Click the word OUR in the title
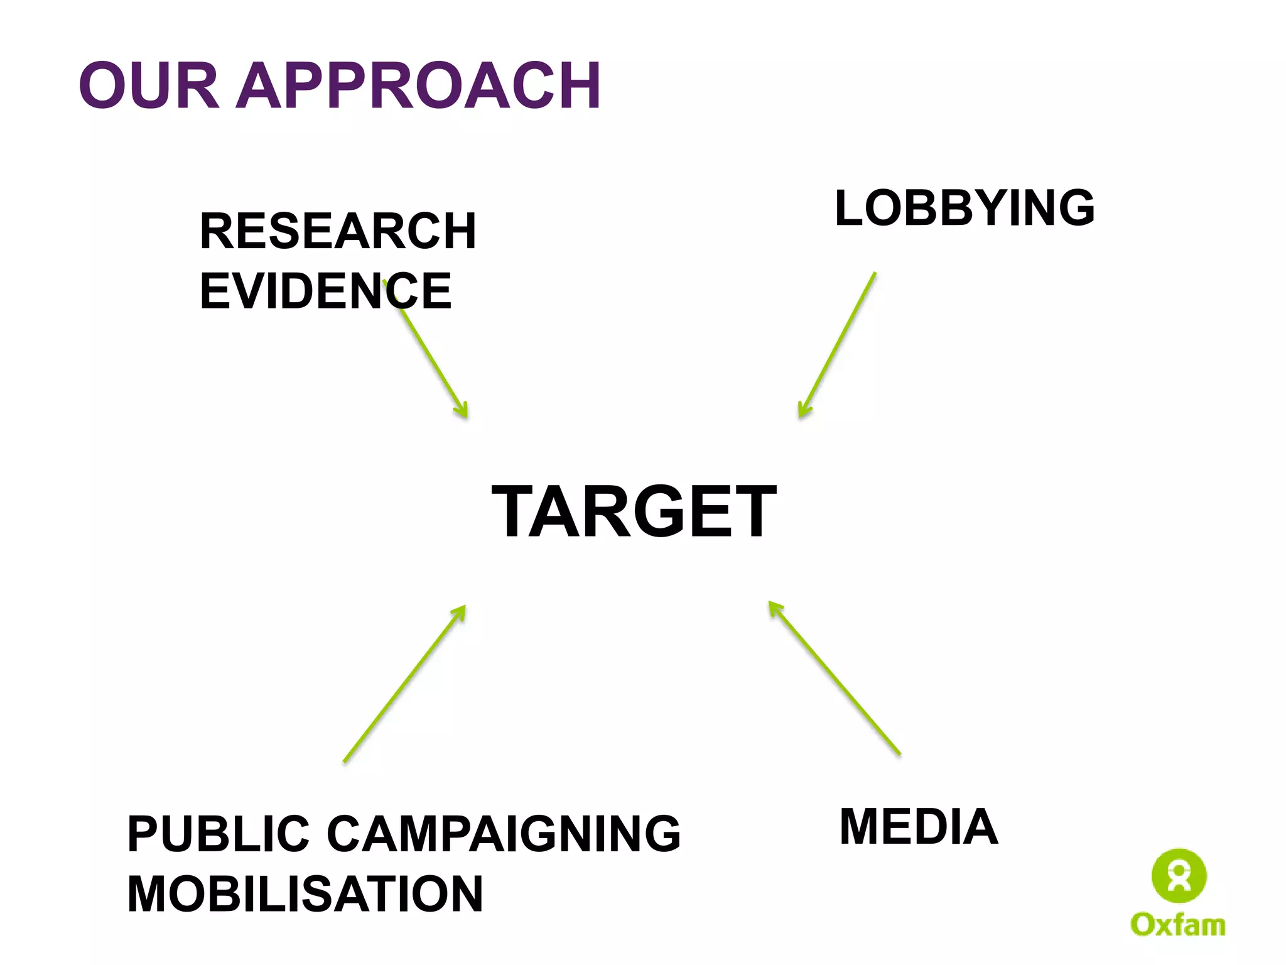pyautogui.click(x=149, y=85)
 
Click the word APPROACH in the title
pyautogui.click(x=421, y=85)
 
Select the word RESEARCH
pyautogui.click(x=338, y=231)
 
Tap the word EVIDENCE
pyautogui.click(x=325, y=291)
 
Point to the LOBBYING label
pyautogui.click(x=964, y=208)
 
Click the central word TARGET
pyautogui.click(x=634, y=511)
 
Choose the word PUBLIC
pyautogui.click(x=219, y=834)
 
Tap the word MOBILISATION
pyautogui.click(x=305, y=894)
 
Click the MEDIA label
pyautogui.click(x=919, y=827)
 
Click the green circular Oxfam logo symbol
pyautogui.click(x=1179, y=876)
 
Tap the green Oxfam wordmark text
pyautogui.click(x=1178, y=925)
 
